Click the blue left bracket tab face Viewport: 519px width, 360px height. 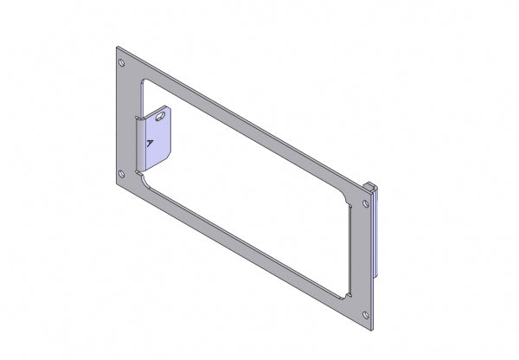[160, 138]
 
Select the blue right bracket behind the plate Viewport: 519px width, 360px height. [376, 234]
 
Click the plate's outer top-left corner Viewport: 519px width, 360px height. [115, 48]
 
